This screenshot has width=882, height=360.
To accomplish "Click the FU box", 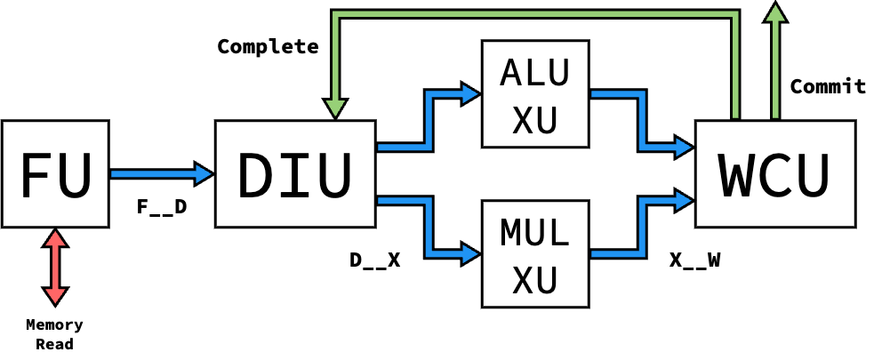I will tap(55, 174).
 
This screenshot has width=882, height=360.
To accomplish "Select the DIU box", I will tap(295, 174).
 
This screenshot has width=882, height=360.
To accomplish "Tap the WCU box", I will tap(774, 174).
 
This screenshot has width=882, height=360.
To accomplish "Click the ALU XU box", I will tap(534, 93).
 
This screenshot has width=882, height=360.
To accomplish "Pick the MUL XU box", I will tap(534, 253).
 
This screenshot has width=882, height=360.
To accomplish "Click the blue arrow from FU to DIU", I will tap(160, 174).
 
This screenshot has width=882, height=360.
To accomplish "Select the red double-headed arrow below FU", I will tap(55, 268).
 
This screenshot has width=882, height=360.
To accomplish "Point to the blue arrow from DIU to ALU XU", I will tap(429, 120).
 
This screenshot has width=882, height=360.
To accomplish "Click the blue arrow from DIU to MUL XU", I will tap(429, 228).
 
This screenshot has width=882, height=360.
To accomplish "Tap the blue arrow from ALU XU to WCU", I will tap(641, 120).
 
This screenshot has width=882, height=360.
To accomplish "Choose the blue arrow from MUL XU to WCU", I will tap(641, 228).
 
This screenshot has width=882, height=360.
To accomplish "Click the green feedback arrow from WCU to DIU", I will tap(533, 14).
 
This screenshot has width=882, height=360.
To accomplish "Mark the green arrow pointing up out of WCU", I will tap(775, 62).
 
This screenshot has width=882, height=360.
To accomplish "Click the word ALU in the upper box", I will tap(534, 73).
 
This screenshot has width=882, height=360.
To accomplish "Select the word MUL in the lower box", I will tap(534, 233).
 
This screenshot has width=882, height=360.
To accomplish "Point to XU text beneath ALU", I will tap(534, 120).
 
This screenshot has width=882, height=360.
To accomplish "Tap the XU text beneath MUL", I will tap(534, 280).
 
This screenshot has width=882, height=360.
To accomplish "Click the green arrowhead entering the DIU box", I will tap(335, 108).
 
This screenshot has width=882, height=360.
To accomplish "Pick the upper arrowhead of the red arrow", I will tap(55, 238).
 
